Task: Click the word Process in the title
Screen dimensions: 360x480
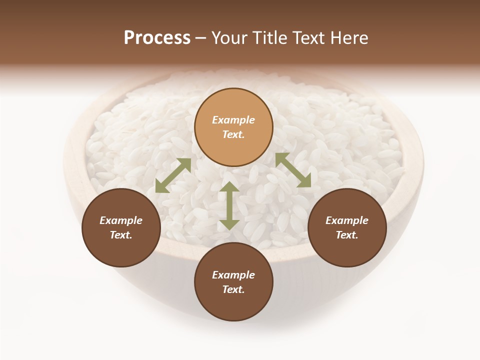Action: click(x=157, y=38)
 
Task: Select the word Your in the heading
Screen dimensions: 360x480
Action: click(x=229, y=38)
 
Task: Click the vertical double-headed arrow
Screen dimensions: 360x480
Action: click(x=229, y=206)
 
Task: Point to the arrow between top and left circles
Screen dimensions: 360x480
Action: click(x=173, y=175)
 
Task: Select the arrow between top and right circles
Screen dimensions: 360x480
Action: click(x=293, y=170)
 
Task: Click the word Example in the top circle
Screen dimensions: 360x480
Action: click(x=233, y=120)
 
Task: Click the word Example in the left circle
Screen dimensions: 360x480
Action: click(x=121, y=220)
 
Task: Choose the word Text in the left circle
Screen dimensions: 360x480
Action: click(x=120, y=235)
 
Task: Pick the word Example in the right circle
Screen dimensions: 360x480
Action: click(x=347, y=220)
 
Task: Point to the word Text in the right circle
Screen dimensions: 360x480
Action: click(x=346, y=235)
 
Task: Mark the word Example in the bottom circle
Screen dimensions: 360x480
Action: click(x=233, y=275)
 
